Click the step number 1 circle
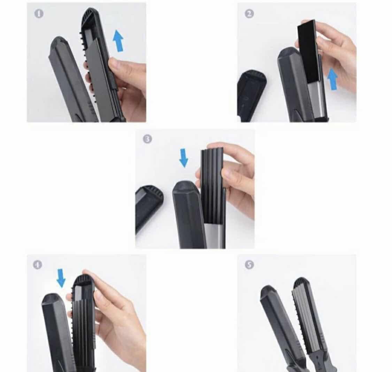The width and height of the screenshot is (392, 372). (x=39, y=14)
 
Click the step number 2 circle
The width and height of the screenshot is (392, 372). (x=249, y=14)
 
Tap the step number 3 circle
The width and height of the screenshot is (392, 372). (x=147, y=139)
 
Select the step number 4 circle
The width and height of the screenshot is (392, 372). (x=38, y=265)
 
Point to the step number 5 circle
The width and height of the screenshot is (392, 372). (x=249, y=265)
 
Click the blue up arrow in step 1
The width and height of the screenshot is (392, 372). (x=118, y=40)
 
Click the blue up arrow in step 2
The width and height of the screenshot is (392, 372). (x=332, y=79)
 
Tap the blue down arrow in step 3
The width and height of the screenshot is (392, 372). (x=184, y=157)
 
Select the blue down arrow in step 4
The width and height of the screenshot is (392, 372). (x=61, y=278)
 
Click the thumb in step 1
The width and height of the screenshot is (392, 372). (x=117, y=66)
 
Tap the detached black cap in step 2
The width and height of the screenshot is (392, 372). (x=251, y=96)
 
